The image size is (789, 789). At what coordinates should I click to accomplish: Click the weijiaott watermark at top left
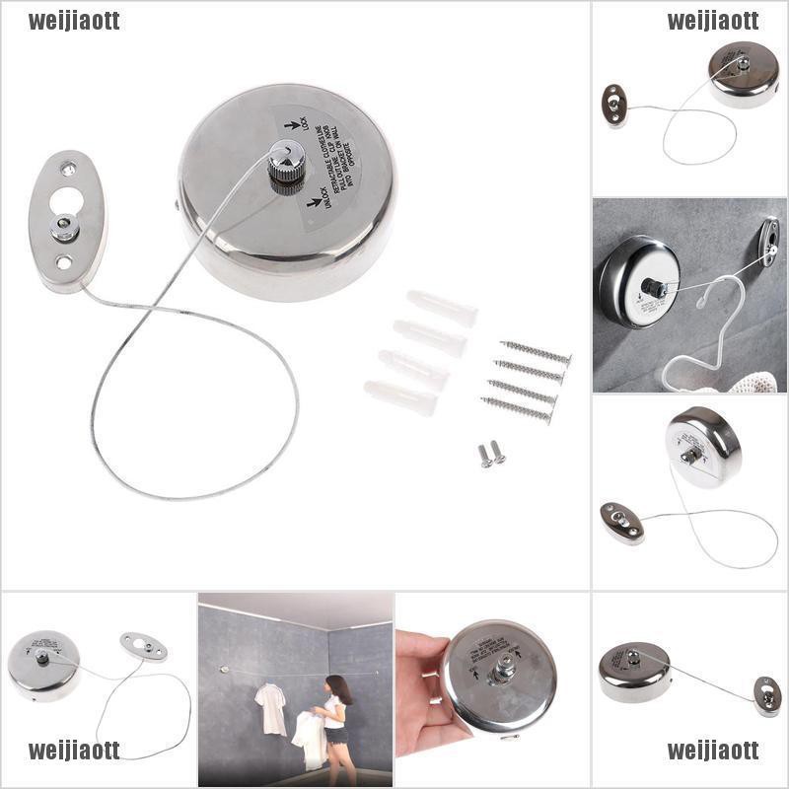click(74, 21)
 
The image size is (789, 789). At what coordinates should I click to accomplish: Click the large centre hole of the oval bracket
click(66, 202)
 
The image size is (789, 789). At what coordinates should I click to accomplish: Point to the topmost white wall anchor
click(441, 306)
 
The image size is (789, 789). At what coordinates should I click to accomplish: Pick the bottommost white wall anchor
click(399, 396)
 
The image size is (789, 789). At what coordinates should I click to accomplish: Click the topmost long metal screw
click(535, 352)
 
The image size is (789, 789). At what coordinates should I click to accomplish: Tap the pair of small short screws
click(491, 454)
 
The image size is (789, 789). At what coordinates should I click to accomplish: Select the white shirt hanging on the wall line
click(268, 707)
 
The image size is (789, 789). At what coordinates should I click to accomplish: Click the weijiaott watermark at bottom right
click(713, 751)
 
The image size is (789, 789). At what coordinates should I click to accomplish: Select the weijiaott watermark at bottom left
click(74, 751)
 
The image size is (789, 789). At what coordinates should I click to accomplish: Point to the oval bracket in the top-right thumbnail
click(614, 104)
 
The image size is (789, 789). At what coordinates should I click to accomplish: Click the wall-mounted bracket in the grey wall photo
click(768, 240)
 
